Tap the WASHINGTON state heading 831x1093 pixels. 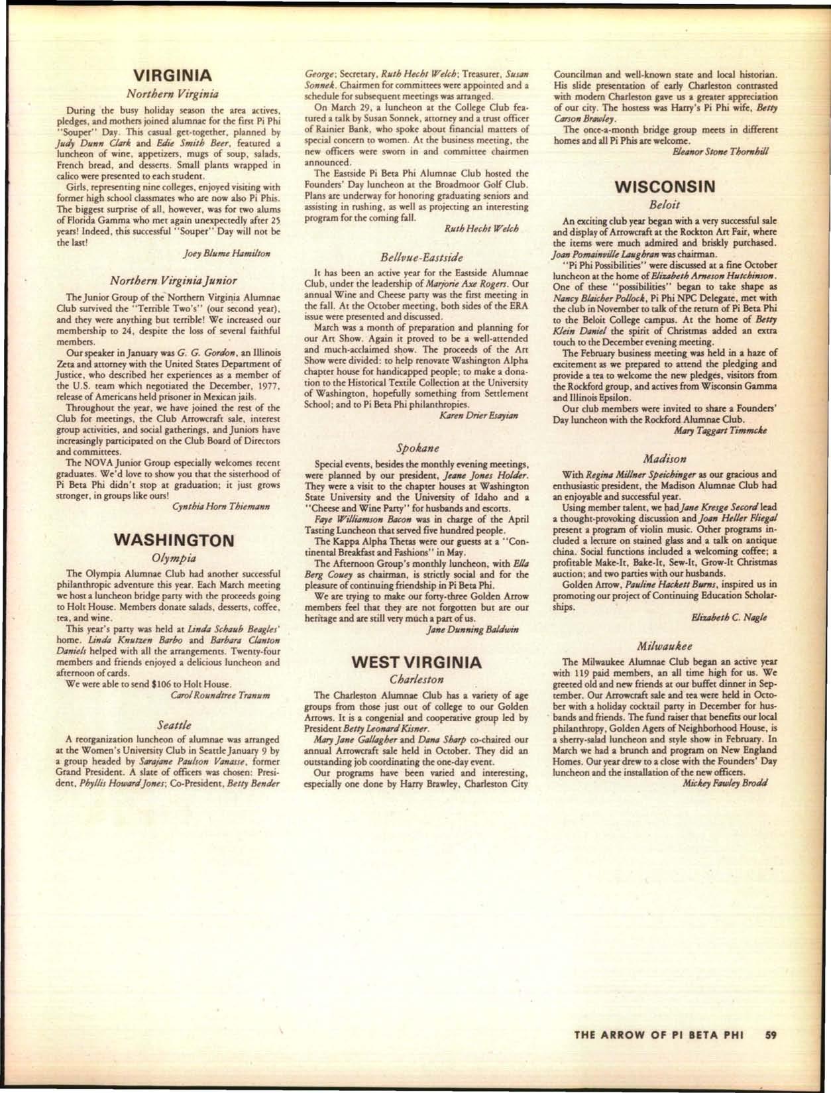click(174, 540)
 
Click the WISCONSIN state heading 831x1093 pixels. click(665, 187)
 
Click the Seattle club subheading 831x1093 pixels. click(175, 725)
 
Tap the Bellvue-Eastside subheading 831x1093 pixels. click(421, 257)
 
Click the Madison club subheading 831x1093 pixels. click(665, 458)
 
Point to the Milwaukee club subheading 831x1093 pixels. click(665, 645)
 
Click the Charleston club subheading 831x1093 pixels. click(417, 679)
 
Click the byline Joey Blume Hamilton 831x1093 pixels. click(227, 253)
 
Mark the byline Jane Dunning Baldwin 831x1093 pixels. click(472, 628)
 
